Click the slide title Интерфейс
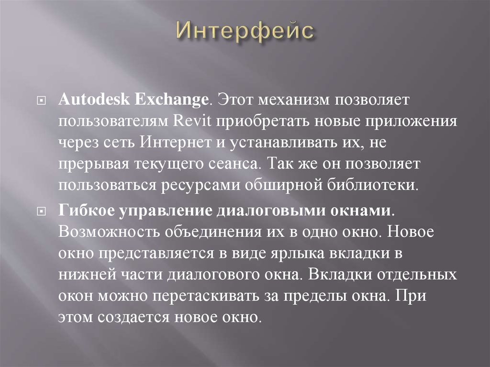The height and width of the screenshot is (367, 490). click(x=245, y=31)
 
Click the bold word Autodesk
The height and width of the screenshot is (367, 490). click(x=95, y=101)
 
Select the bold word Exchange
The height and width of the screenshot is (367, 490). click(x=172, y=101)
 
